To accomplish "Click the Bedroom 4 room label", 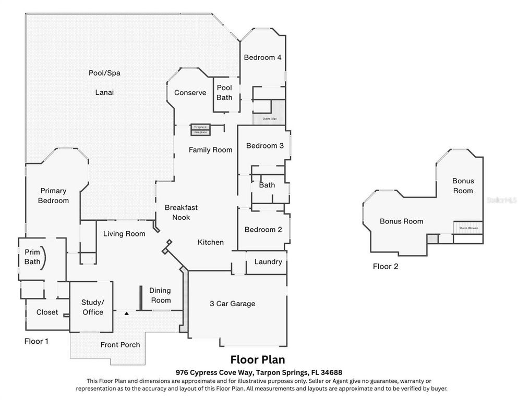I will (x=262, y=57).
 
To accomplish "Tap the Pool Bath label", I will (x=224, y=92).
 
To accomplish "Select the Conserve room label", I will (x=190, y=93).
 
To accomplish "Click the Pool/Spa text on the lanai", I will (x=104, y=73).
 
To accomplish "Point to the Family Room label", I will (x=210, y=150).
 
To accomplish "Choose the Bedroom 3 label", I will (x=264, y=146).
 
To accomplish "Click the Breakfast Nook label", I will (x=181, y=212).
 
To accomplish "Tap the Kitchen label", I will (x=211, y=242).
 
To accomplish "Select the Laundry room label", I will (x=268, y=261).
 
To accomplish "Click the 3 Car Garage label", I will (x=232, y=303).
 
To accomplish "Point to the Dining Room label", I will (x=160, y=295).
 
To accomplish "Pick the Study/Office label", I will (x=93, y=307).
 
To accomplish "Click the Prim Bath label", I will (x=32, y=257).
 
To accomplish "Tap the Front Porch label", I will (x=120, y=344).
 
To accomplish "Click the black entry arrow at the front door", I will (x=126, y=313).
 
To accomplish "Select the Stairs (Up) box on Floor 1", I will (x=269, y=119).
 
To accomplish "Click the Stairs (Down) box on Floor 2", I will (x=467, y=228).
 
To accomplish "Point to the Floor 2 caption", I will (x=386, y=267).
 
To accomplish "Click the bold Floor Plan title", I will (x=258, y=360).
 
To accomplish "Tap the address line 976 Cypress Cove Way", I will (x=258, y=372).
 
